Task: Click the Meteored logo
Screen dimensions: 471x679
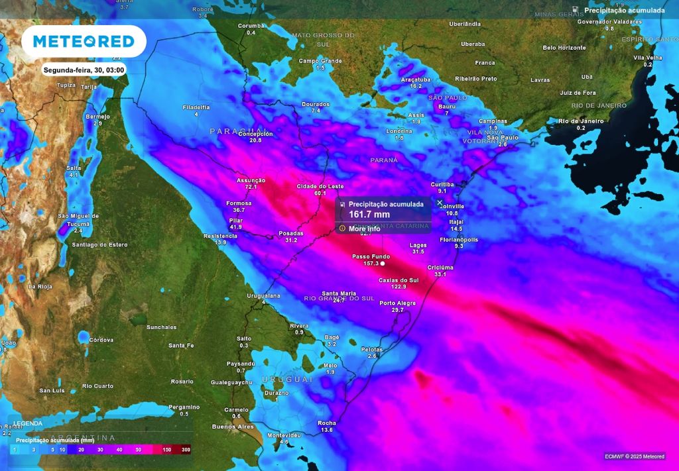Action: [84, 41]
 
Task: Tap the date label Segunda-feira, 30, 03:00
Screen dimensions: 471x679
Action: [84, 70]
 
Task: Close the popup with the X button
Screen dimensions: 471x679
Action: [440, 203]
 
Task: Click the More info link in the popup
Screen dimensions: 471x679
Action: [365, 229]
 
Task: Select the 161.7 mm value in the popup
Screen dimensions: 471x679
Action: [369, 215]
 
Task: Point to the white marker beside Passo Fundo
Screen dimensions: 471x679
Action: [383, 264]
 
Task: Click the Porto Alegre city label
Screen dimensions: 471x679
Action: [398, 303]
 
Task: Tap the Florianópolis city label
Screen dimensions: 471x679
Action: [459, 239]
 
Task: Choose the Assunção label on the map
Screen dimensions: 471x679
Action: [251, 180]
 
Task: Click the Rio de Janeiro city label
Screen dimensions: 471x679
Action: [581, 121]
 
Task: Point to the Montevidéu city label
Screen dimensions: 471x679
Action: [284, 435]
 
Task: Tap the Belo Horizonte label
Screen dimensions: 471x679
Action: [564, 48]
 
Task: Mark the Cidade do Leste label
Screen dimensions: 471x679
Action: [321, 186]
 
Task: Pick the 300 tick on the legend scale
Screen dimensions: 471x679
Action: [186, 450]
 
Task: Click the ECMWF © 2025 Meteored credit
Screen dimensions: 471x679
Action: [634, 456]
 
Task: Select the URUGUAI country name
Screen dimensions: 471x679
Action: [286, 379]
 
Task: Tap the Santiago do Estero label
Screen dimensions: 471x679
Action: [99, 244]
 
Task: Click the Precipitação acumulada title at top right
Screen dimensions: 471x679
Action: [624, 11]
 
